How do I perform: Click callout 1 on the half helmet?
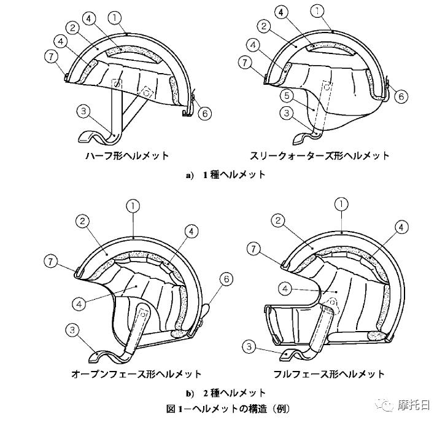[x=115, y=18]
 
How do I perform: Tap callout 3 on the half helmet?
[x=83, y=111]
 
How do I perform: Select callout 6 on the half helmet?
[x=205, y=114]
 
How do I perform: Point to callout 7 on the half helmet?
[x=52, y=57]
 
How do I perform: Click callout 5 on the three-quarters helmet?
[x=287, y=96]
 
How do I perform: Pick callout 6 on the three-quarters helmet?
[x=401, y=96]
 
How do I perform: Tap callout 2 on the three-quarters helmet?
[x=264, y=26]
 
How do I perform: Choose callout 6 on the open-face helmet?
[x=226, y=279]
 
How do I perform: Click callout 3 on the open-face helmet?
[x=72, y=330]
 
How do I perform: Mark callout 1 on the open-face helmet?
[x=133, y=206]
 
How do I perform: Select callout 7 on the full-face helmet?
[x=253, y=249]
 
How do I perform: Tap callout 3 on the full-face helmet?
[x=249, y=346]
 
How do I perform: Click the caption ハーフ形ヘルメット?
[x=127, y=155]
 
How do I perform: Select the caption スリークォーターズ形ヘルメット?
[x=319, y=155]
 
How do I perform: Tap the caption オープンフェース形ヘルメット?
[x=136, y=373]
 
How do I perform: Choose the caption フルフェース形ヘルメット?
[x=329, y=373]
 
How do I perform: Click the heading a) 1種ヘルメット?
[x=226, y=174]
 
